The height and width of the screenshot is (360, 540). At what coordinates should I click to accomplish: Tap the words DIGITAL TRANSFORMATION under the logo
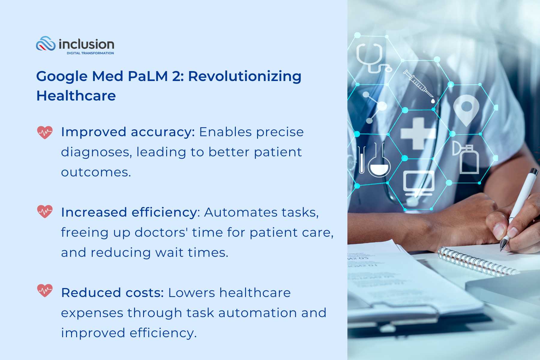click(90, 53)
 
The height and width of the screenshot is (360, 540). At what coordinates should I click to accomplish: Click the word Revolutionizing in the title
click(244, 76)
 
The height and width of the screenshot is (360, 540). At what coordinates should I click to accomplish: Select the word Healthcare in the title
click(76, 96)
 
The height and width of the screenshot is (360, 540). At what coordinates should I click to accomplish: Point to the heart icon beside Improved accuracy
click(45, 132)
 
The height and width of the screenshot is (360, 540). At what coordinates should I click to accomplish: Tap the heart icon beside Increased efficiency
click(45, 211)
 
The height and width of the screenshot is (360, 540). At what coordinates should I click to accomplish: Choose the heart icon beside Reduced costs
click(45, 290)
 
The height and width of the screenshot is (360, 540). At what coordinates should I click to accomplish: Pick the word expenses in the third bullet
click(92, 313)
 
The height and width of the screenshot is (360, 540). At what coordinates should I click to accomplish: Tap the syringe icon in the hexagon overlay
click(419, 85)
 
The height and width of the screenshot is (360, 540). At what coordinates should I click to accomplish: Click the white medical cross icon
click(418, 133)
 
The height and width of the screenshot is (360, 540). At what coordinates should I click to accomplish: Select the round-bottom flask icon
click(379, 162)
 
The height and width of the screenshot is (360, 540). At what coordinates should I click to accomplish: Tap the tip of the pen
click(502, 249)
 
